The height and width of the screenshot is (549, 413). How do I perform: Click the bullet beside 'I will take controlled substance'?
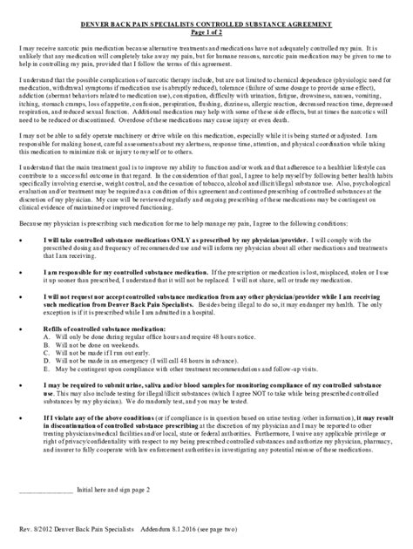click(20, 240)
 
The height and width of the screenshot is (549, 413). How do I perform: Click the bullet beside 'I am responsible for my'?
click(20, 272)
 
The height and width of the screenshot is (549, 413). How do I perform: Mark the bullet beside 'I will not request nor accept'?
click(20, 297)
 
